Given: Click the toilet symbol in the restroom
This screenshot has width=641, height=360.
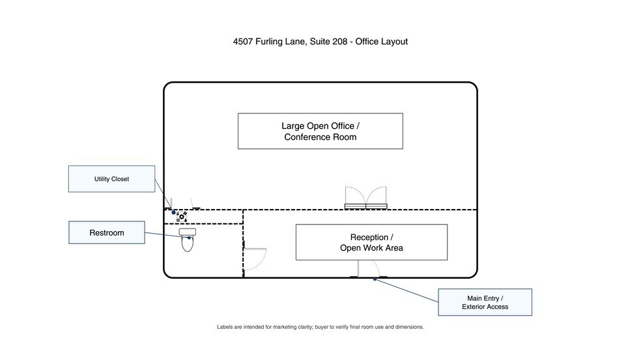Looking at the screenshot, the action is click(187, 240).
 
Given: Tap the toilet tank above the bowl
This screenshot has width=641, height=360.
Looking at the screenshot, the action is click(187, 232).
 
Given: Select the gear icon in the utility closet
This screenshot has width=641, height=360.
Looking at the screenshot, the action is click(182, 217).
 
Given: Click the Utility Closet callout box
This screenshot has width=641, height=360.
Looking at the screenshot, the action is click(111, 179).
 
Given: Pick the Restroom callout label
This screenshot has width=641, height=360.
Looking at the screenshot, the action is click(107, 232).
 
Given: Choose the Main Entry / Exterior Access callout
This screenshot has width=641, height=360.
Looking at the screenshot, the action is click(485, 302).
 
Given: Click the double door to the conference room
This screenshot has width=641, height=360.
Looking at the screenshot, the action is click(366, 198).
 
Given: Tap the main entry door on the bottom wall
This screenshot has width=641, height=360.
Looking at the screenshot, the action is click(369, 269).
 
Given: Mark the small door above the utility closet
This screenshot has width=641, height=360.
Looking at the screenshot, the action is click(182, 204).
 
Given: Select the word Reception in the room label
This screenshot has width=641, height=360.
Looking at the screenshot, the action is click(369, 238).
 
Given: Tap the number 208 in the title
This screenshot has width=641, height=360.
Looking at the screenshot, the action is click(339, 42).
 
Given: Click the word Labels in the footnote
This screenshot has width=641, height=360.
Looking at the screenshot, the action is click(225, 327).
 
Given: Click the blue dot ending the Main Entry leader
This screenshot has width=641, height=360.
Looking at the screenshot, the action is click(375, 279).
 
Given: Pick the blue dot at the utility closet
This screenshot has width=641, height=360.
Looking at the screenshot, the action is click(174, 212).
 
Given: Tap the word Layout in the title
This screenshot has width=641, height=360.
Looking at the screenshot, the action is click(395, 42).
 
